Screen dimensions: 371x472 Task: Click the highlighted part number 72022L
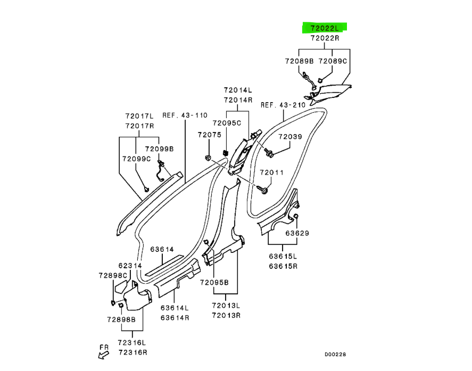coord(324,28)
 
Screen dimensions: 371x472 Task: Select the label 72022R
coord(324,38)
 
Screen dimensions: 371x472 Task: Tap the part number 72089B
coord(299,61)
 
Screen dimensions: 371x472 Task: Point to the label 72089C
coord(333,61)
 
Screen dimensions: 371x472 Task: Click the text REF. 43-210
coord(283,105)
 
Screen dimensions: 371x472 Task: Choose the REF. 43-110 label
coord(185,115)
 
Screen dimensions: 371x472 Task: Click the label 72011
coord(271,173)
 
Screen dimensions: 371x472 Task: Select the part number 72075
coord(209,135)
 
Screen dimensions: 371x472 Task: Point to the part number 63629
coord(297,233)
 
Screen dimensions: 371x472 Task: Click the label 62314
coord(130,265)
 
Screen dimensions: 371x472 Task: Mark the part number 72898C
coord(113,275)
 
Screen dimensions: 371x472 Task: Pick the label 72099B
coord(159,149)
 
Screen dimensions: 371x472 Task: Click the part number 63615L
coord(283,257)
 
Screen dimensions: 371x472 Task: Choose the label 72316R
coord(133,352)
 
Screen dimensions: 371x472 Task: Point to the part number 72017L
coord(139,116)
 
